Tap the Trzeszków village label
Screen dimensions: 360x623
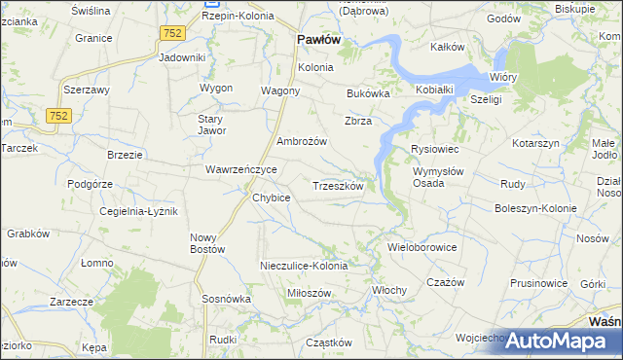tap(338, 186)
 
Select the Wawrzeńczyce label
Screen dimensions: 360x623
tap(241, 169)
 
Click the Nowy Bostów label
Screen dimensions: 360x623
tap(207, 243)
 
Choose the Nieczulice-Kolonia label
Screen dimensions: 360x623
tap(304, 266)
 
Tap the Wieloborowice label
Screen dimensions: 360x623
tap(422, 247)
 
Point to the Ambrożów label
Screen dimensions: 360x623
tap(302, 141)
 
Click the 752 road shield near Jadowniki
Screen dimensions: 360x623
tap(172, 33)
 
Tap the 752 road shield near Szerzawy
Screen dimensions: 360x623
tap(57, 116)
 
